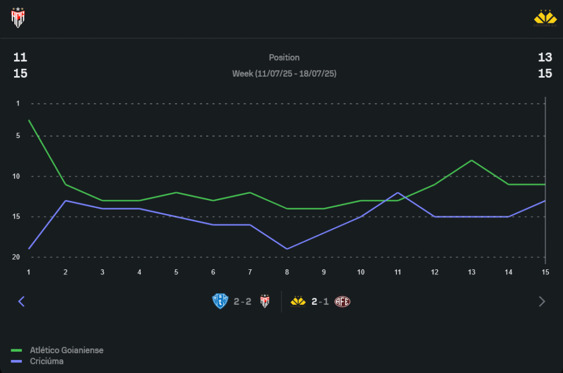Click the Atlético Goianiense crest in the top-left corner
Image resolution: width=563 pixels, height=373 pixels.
click(x=19, y=18)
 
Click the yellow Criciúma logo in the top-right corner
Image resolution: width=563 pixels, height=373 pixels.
click(x=544, y=18)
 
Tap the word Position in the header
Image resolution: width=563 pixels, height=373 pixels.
click(x=284, y=57)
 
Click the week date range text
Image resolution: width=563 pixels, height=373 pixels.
click(x=284, y=74)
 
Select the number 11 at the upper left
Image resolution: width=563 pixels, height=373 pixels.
click(x=20, y=57)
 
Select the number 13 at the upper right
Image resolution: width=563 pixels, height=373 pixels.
click(x=544, y=57)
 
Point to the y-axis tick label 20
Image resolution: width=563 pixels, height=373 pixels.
click(x=16, y=257)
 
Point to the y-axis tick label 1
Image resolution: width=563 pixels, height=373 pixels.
click(x=18, y=104)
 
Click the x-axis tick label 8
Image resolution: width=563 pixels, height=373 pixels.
click(x=287, y=272)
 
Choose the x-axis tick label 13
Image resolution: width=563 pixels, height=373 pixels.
click(x=471, y=272)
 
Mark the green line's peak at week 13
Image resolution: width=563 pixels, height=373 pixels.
click(x=471, y=161)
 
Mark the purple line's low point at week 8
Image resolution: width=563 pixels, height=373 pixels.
click(x=287, y=248)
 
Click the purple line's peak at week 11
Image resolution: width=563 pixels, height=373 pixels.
click(x=397, y=193)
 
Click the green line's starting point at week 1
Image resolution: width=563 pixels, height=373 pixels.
click(x=29, y=120)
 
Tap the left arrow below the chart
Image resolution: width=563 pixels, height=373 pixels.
click(x=21, y=301)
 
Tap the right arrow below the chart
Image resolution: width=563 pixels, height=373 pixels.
click(x=542, y=301)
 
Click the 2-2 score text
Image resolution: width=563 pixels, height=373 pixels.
click(x=243, y=301)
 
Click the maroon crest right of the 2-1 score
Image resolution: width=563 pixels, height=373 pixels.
click(x=342, y=301)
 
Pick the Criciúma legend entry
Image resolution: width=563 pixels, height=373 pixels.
click(x=46, y=361)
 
